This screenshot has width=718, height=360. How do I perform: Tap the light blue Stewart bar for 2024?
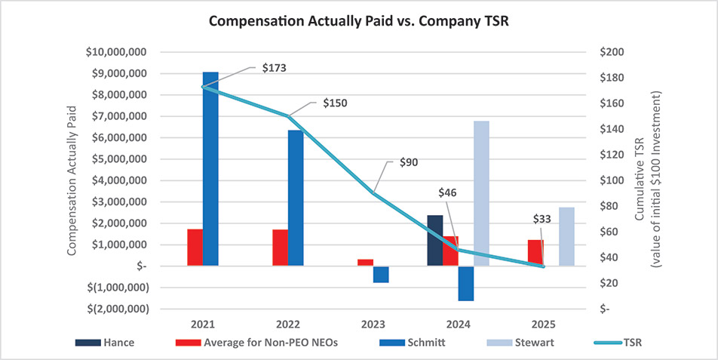click(x=481, y=193)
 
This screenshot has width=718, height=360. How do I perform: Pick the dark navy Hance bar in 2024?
click(x=435, y=241)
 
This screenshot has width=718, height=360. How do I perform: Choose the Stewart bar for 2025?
click(x=566, y=236)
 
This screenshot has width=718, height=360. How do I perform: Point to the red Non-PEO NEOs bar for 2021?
click(x=195, y=248)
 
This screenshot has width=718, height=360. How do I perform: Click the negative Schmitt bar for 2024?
click(x=466, y=284)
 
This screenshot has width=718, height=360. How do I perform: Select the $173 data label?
click(x=274, y=67)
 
